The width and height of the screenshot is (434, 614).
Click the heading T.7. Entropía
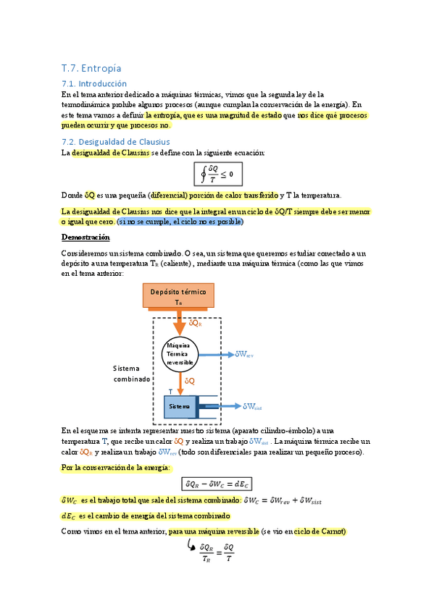click(x=91, y=69)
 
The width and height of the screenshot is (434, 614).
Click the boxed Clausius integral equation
click(x=218, y=174)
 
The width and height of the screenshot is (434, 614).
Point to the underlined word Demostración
click(x=85, y=237)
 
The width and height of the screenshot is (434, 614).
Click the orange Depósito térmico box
click(x=178, y=297)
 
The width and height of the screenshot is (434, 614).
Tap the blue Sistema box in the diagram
click(x=179, y=407)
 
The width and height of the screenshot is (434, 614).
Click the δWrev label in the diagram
click(x=244, y=355)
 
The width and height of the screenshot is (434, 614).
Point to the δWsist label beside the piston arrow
click(x=253, y=407)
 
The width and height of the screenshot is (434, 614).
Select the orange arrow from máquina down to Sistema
click(x=180, y=382)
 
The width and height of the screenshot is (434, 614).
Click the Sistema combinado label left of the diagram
click(x=131, y=374)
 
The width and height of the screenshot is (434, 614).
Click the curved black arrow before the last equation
click(x=192, y=544)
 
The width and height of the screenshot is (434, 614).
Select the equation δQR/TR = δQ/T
click(x=217, y=552)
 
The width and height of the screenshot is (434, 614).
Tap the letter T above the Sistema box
click(x=170, y=391)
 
